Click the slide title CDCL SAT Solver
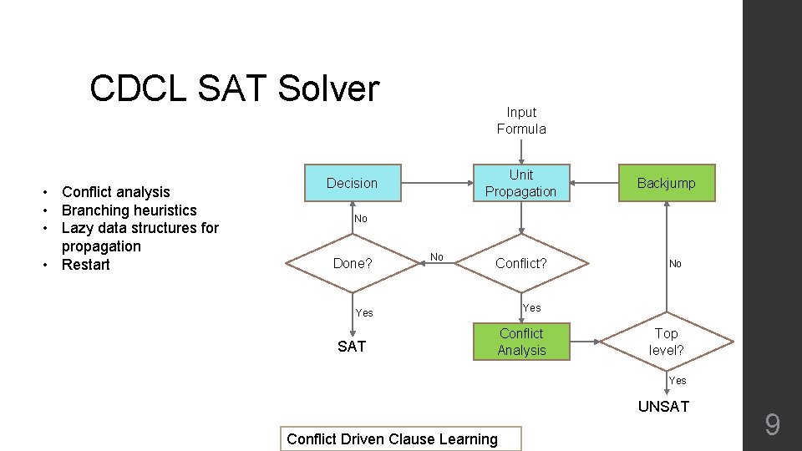click(234, 89)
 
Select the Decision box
click(352, 183)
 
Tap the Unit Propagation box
click(520, 183)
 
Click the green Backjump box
click(666, 183)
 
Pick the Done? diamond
click(352, 263)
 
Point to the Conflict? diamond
click(520, 263)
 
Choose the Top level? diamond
click(666, 342)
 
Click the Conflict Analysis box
click(520, 342)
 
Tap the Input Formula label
click(521, 120)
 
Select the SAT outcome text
click(352, 346)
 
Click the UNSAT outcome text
click(663, 407)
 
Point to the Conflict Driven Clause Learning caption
click(392, 438)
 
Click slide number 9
click(773, 426)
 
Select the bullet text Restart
click(86, 265)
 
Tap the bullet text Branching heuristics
click(129, 210)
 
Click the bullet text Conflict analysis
click(116, 192)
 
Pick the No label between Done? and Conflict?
click(436, 256)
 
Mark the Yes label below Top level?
click(677, 381)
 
